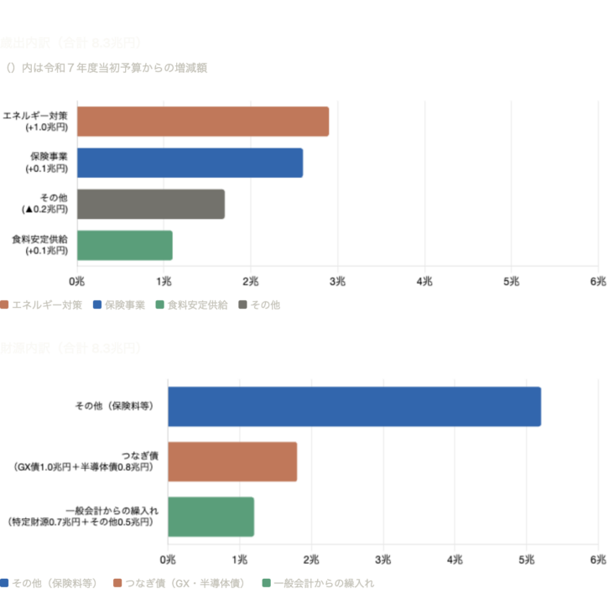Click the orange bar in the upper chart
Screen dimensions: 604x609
pos(203,122)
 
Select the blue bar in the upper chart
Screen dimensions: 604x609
pos(190,163)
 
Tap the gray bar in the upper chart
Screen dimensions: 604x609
pos(151,204)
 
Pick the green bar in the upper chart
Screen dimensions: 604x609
pos(125,245)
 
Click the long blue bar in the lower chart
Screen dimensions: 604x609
pos(355,407)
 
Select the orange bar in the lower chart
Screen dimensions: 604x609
pos(233,461)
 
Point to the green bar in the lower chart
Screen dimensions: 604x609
pos(211,517)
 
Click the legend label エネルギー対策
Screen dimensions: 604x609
pos(47,305)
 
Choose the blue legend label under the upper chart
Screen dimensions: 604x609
pos(124,305)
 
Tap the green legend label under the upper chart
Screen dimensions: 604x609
pos(197,305)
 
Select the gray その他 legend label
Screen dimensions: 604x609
pos(265,305)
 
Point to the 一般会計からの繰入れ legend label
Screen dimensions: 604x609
pos(324,583)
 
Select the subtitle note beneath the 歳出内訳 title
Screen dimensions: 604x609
pos(107,68)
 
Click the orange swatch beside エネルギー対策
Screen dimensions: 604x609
pos(4,305)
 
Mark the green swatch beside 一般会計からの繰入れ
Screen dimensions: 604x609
pos(266,583)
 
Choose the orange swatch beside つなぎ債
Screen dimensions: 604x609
pos(117,583)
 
